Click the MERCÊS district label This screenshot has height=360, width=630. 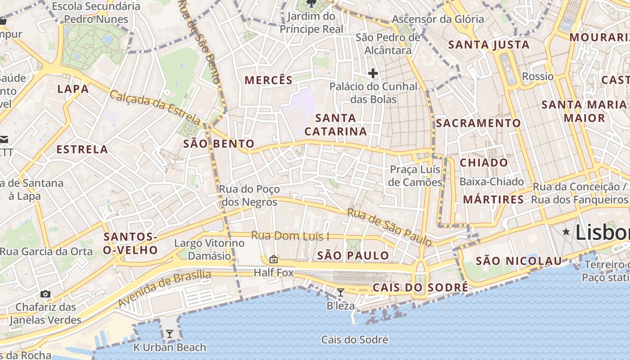269,80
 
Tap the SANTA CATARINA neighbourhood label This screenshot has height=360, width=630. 336,125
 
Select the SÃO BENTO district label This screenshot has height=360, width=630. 219,144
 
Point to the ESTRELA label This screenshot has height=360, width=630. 82,149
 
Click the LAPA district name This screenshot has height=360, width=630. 73,89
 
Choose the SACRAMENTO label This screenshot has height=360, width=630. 478,123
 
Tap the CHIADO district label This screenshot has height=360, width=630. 484,162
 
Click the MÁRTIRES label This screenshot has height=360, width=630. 494,199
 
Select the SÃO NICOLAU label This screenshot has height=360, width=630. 519,261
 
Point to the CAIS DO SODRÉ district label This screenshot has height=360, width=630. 420,288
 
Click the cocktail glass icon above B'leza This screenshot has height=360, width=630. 341,292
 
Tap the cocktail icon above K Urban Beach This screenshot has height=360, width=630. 170,334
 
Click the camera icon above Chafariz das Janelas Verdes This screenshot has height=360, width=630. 45,294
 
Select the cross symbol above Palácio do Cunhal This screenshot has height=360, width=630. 373,73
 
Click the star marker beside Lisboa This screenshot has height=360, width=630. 566,231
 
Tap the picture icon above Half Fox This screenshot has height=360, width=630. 273,259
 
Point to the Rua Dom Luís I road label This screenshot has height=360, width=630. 290,235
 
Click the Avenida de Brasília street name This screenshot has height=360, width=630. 165,288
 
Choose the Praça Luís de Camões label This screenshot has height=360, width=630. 415,176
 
